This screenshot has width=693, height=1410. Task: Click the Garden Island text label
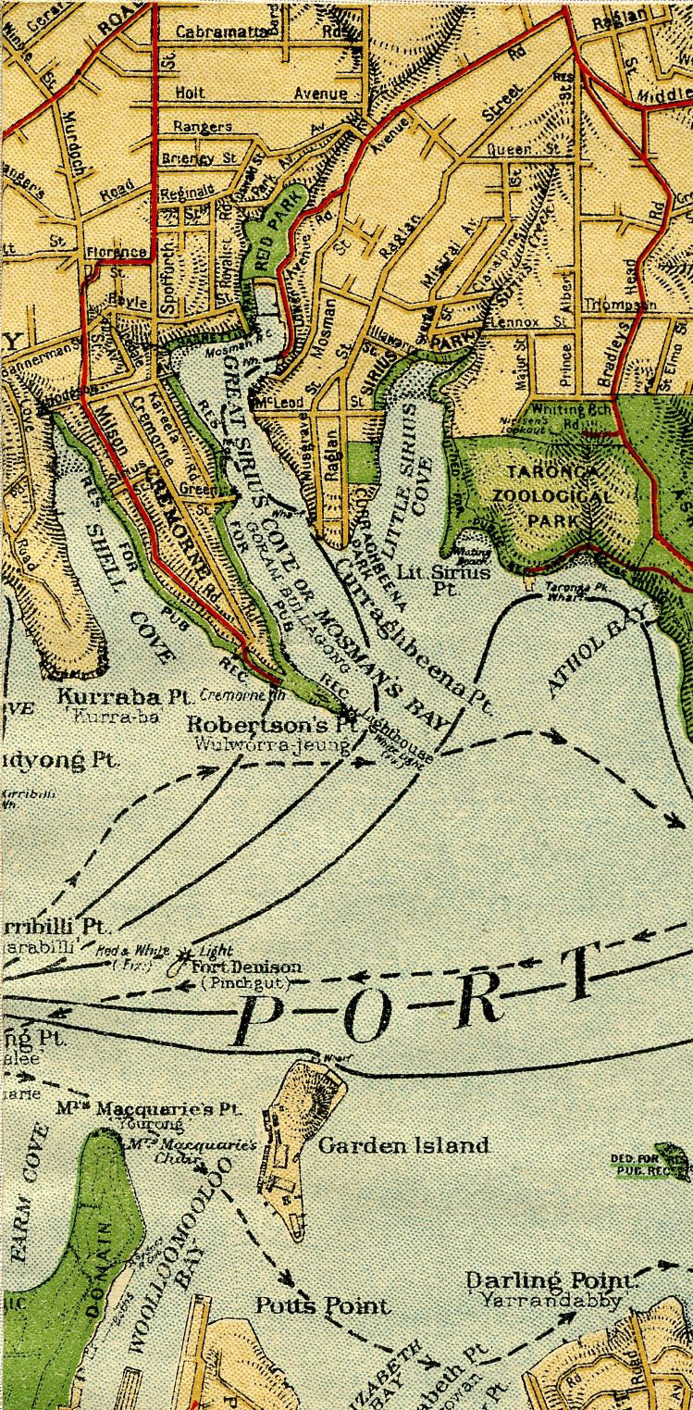403,1146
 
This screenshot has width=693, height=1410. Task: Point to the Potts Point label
323,1306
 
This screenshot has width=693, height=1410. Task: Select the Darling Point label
552,1281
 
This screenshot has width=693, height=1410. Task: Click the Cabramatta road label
222,31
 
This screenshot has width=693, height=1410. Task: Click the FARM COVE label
28,1194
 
